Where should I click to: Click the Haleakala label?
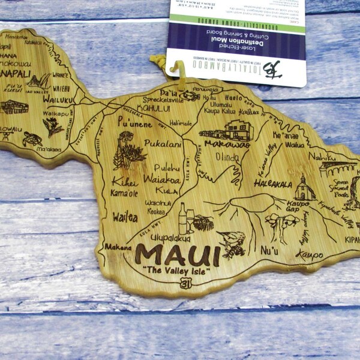click(x=273, y=184)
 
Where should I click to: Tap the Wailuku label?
click(x=58, y=98)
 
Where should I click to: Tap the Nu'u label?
click(x=268, y=250)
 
